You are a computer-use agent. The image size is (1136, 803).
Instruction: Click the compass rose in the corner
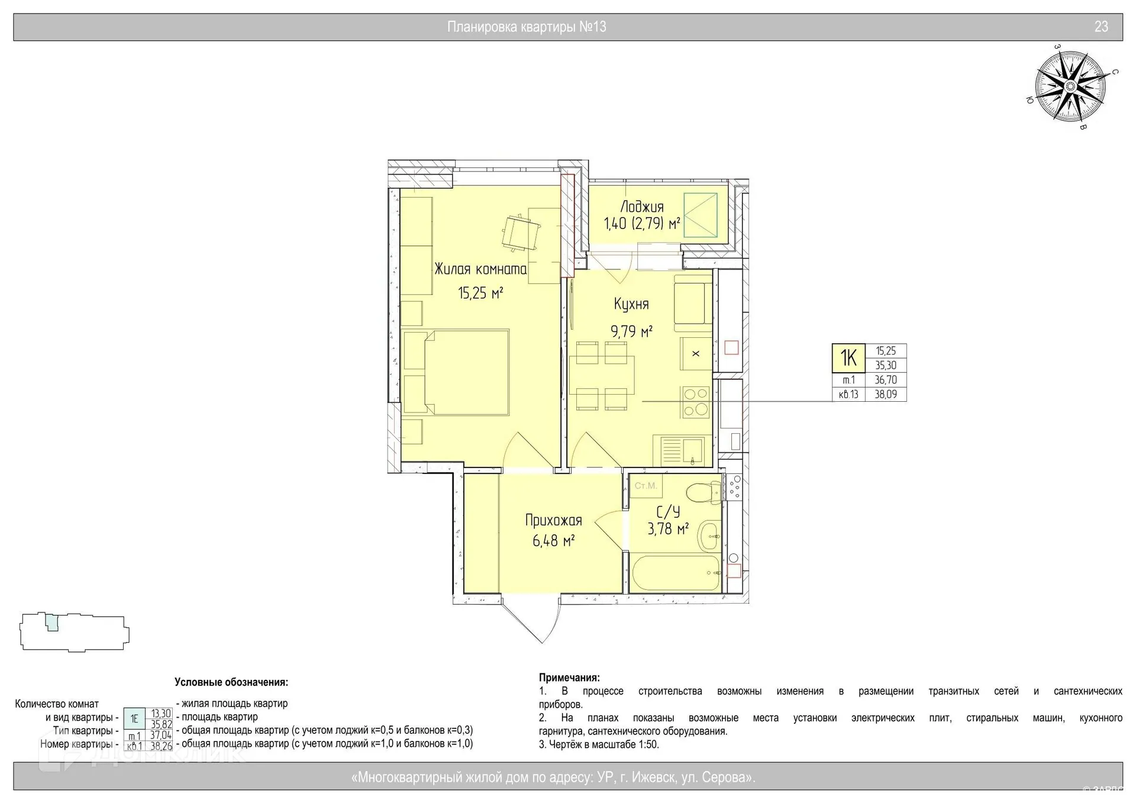(1070, 87)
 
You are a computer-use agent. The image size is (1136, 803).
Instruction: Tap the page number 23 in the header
(1101, 27)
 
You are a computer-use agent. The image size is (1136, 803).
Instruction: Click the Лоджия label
(642, 207)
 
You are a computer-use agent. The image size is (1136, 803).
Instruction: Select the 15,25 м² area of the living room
(480, 292)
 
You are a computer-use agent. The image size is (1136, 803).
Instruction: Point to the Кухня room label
(631, 304)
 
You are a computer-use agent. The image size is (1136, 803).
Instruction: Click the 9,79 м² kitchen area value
(631, 331)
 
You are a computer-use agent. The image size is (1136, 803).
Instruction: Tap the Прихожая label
(554, 521)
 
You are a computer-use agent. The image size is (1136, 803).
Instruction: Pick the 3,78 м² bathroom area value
(668, 528)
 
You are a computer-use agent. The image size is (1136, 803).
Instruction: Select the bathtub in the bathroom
(675, 573)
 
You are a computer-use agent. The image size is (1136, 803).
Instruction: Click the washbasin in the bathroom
(709, 537)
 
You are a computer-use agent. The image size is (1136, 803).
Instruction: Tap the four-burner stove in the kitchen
(696, 402)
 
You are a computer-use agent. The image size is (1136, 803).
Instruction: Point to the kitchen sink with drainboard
(679, 451)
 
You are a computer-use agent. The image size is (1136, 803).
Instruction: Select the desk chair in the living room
(521, 232)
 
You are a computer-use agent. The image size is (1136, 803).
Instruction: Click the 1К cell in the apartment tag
(848, 358)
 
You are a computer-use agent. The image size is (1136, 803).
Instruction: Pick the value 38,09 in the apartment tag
(886, 394)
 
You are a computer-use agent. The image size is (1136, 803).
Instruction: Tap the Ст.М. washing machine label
(646, 486)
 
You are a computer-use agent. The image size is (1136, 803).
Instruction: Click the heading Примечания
(569, 678)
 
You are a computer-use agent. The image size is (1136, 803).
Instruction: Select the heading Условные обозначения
(231, 682)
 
